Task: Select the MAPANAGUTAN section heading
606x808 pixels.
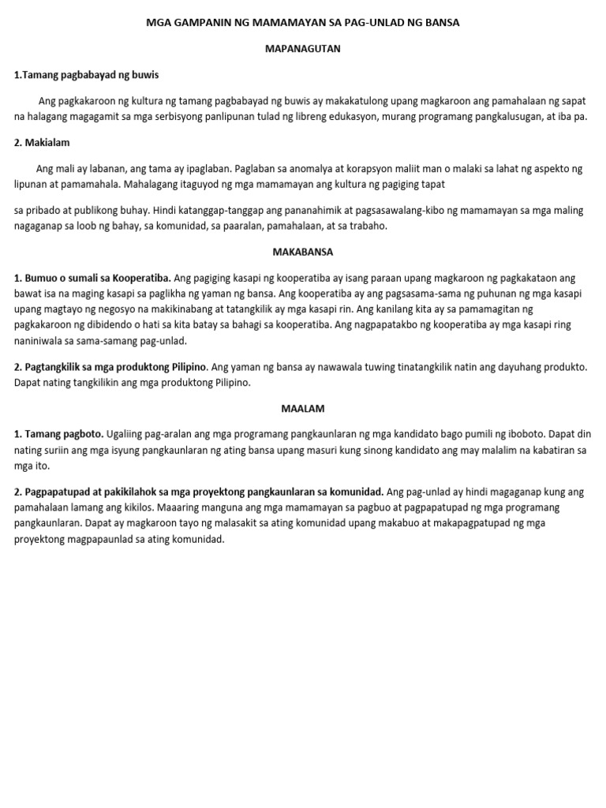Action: pyautogui.click(x=302, y=49)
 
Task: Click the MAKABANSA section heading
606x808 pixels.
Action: pyautogui.click(x=302, y=252)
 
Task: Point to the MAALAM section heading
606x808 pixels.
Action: pyautogui.click(x=302, y=409)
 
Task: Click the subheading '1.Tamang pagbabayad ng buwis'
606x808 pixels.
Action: pyautogui.click(x=87, y=75)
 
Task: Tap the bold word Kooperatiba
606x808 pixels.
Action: pyautogui.click(x=142, y=278)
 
